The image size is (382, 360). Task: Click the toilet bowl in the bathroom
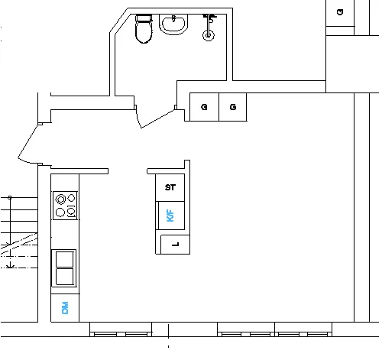144,31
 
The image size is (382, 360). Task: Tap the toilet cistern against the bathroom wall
144,18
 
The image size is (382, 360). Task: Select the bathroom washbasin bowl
173,24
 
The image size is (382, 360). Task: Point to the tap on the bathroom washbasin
174,18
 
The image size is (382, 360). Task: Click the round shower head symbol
209,35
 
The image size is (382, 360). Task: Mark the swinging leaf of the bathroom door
157,118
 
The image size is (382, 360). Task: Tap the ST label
170,187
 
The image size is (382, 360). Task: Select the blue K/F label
170,216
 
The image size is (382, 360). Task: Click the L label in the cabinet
176,245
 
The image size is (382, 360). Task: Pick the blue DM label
65,308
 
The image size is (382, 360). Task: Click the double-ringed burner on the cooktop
61,199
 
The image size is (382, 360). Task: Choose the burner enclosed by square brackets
71,211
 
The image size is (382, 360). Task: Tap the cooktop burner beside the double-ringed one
72,198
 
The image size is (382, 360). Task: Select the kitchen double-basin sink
64,268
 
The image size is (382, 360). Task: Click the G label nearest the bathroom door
204,107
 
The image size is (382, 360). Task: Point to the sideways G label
340,12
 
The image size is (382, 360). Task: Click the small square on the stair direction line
10,197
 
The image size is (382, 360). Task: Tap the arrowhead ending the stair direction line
10,265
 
